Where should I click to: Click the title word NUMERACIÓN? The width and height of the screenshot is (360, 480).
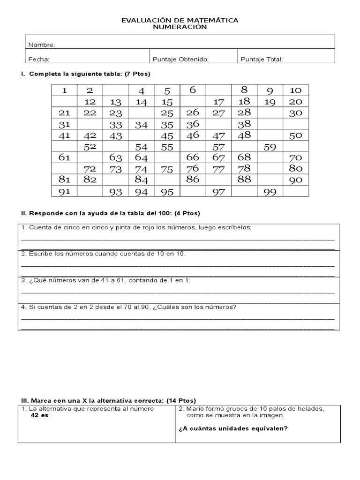tap(180, 27)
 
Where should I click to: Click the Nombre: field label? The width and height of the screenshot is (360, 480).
tap(42, 45)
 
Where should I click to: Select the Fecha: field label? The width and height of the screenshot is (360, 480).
tap(39, 59)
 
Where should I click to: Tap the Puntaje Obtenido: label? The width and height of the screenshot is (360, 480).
tap(180, 59)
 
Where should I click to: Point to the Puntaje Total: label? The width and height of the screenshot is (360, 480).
tap(262, 59)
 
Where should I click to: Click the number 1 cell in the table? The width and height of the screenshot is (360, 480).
tap(65, 90)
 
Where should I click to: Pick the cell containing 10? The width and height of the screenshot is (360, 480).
tap(296, 90)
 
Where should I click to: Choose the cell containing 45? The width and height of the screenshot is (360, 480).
tap(167, 135)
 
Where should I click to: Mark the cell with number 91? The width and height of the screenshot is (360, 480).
tap(65, 192)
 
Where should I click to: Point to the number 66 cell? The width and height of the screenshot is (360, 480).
tap(193, 158)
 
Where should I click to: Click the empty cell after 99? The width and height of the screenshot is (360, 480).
tap(296, 192)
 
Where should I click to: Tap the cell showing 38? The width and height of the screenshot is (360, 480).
tap(244, 124)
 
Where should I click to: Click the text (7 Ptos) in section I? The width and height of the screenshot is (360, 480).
tap(138, 74)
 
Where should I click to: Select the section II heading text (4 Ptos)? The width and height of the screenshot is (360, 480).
tap(187, 213)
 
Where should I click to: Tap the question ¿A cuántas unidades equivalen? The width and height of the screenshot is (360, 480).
tap(233, 428)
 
